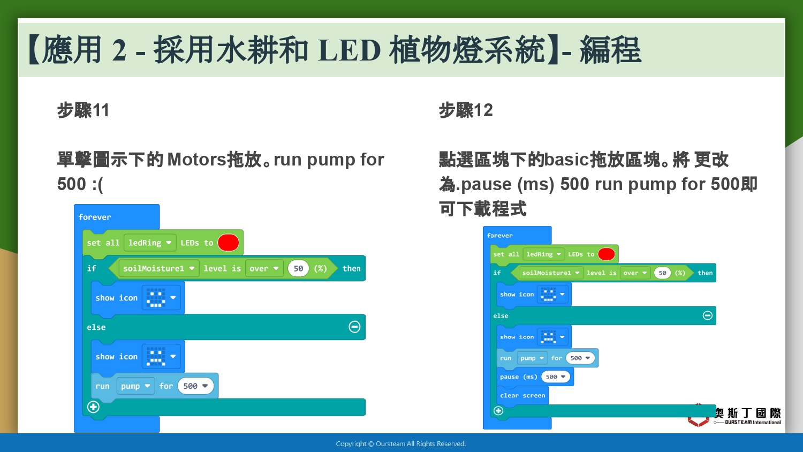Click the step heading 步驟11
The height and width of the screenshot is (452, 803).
[x=83, y=110]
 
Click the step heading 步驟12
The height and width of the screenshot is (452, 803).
[x=466, y=110]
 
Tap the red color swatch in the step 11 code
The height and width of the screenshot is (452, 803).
[x=229, y=243]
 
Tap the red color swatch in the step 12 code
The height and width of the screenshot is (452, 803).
[x=607, y=254]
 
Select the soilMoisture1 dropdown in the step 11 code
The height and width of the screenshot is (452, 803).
[x=158, y=268]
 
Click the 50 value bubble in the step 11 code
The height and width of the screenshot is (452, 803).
[x=298, y=268]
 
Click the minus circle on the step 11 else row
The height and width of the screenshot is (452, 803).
[x=354, y=327]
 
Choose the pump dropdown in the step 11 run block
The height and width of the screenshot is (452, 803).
[x=135, y=386]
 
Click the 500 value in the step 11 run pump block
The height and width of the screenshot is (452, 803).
[x=195, y=386]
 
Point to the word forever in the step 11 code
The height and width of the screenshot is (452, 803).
[x=95, y=217]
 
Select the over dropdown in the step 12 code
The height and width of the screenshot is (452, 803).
[x=635, y=273]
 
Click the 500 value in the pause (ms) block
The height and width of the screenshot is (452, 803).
[x=555, y=376]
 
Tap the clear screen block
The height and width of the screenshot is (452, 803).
[x=522, y=395]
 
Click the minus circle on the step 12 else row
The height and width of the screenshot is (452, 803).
[x=707, y=315]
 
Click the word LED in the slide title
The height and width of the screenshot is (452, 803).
[x=349, y=50]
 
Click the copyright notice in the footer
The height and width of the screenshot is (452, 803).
[x=401, y=444]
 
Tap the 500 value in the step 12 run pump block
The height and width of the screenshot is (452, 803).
[x=580, y=358]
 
